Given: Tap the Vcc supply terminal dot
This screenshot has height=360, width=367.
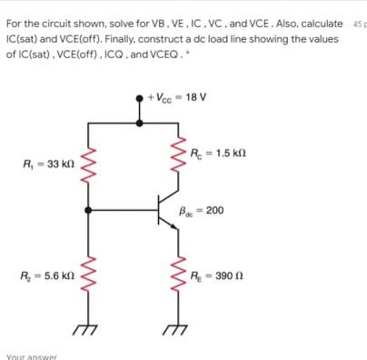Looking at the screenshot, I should coord(139,95).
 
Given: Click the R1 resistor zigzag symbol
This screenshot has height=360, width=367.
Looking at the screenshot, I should coord(88,165).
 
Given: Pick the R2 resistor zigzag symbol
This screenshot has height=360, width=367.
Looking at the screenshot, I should coord(88,275).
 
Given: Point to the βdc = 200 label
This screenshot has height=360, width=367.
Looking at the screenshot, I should coord(203,210).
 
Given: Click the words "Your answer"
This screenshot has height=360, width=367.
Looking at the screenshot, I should coord(31,355).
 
